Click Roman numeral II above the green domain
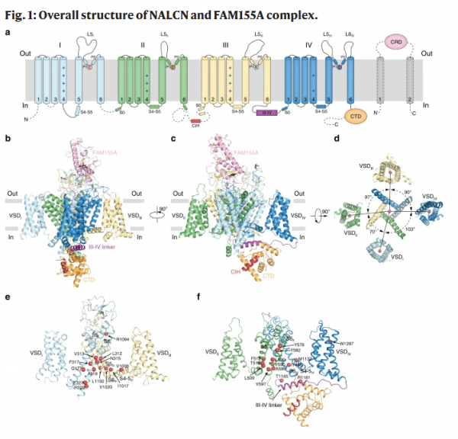[x=143, y=45]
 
